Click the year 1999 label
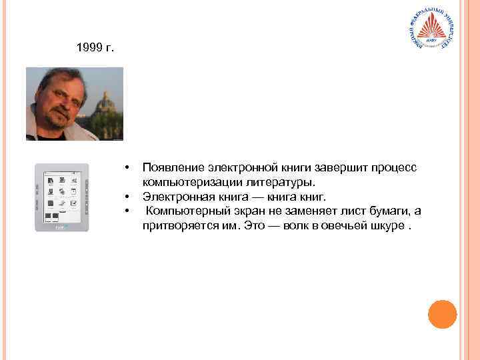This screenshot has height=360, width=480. [95, 48]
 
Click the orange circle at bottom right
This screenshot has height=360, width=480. [442, 314]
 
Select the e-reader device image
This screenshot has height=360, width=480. [61, 197]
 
